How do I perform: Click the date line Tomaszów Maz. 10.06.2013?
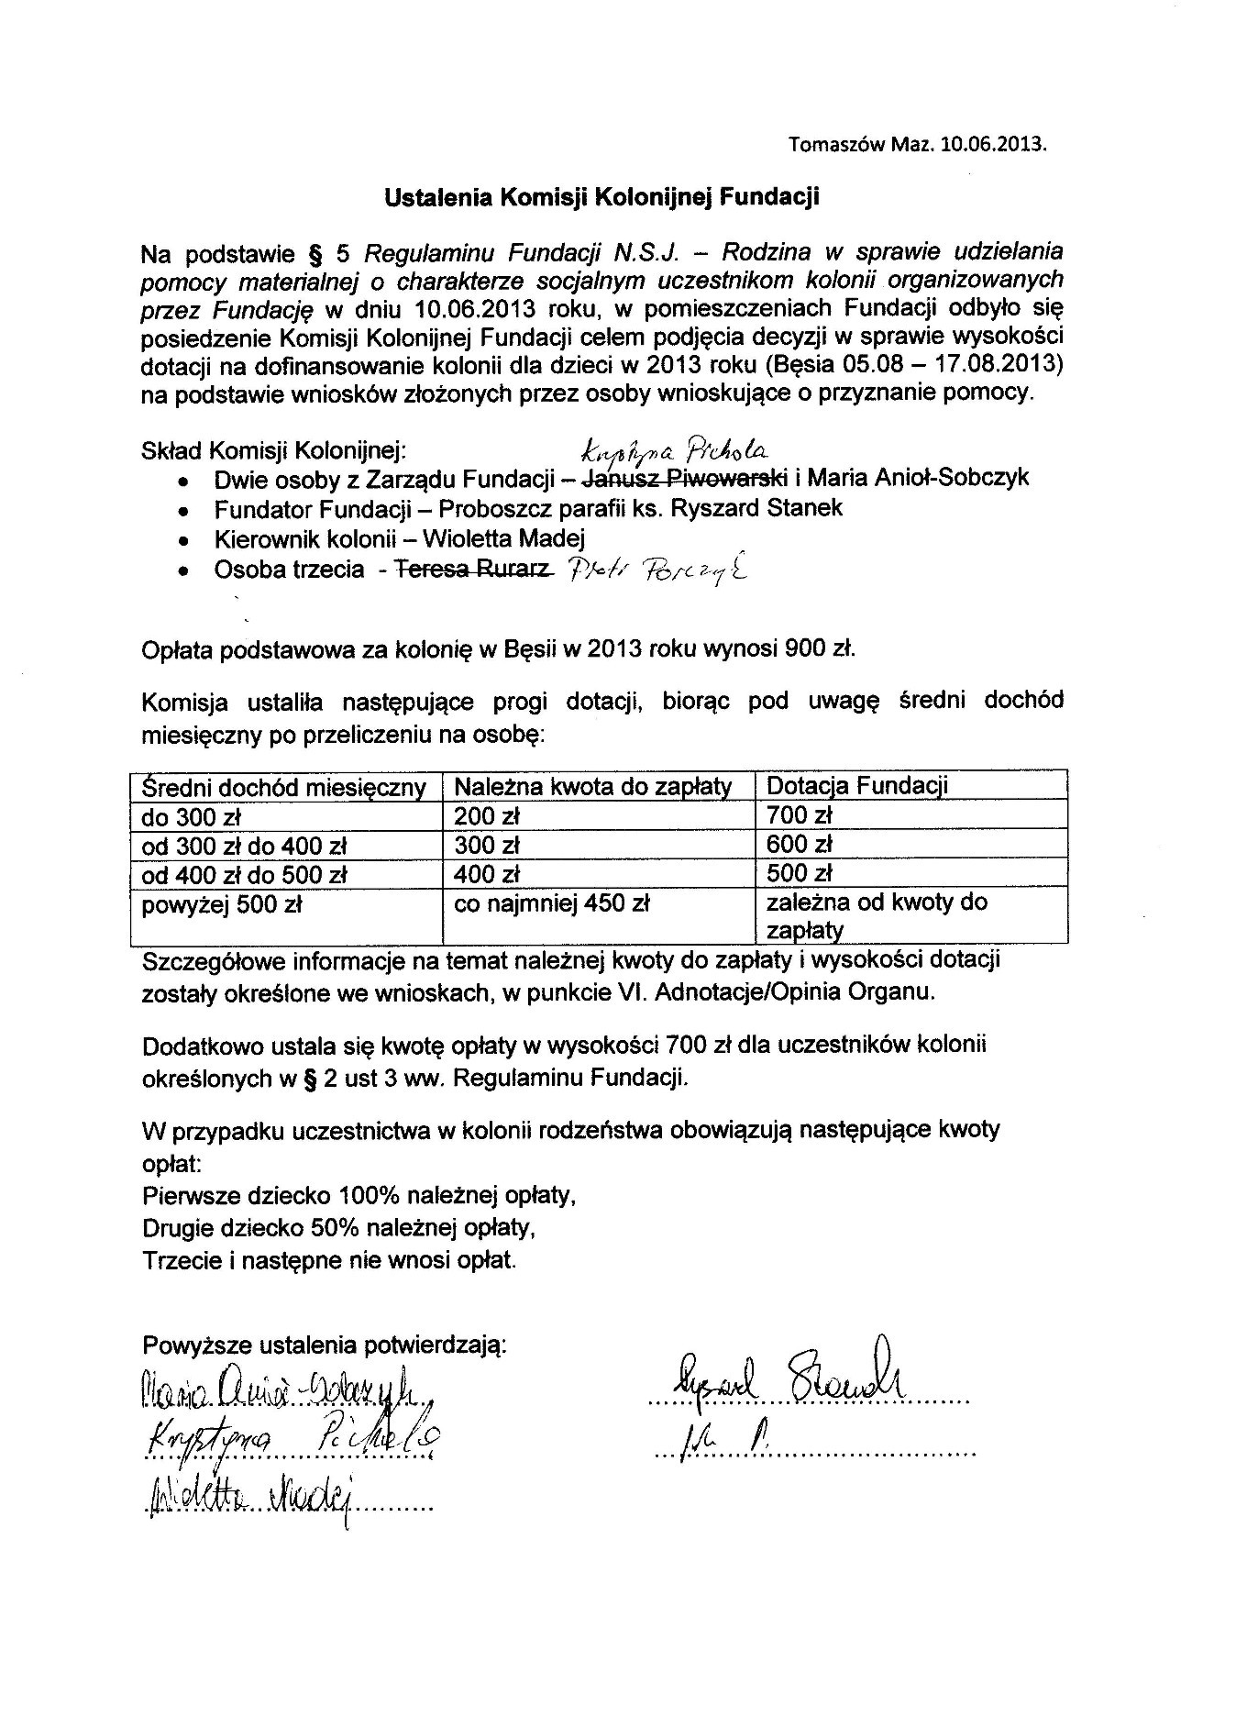tap(916, 144)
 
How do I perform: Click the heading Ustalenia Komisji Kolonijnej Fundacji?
tap(601, 196)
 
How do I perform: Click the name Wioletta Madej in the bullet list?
tap(513, 538)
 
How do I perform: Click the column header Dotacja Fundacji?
tap(856, 786)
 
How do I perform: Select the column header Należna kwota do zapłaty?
tap(592, 787)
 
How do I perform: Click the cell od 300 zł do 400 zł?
tap(243, 845)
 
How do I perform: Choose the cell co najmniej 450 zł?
tap(552, 903)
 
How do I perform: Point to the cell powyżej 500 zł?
tap(221, 904)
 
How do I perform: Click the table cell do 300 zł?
tap(190, 816)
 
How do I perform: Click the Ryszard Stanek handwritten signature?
tap(789, 1378)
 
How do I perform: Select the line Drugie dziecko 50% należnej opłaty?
tap(339, 1227)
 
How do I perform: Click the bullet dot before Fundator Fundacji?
tap(185, 510)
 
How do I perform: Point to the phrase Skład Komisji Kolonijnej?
tap(273, 450)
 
